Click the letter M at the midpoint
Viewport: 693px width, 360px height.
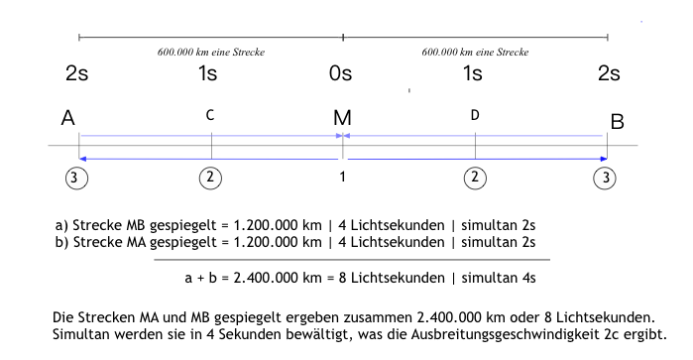pyautogui.click(x=342, y=119)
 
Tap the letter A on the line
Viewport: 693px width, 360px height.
pyautogui.click(x=68, y=118)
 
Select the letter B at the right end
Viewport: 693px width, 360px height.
pyautogui.click(x=617, y=122)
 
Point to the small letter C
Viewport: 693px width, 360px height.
pyautogui.click(x=210, y=116)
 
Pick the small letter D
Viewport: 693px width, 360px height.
pyautogui.click(x=475, y=116)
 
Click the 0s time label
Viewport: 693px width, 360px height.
pyautogui.click(x=341, y=73)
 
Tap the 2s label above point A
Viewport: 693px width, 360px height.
pyautogui.click(x=77, y=73)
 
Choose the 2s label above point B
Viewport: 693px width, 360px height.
pyautogui.click(x=608, y=73)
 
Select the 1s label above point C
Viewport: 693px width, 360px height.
pyautogui.click(x=208, y=73)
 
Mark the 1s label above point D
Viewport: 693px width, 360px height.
pyautogui.click(x=473, y=73)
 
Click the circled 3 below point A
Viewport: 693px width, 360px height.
pyautogui.click(x=78, y=178)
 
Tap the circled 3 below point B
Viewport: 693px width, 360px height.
pyautogui.click(x=605, y=178)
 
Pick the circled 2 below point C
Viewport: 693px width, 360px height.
pyautogui.click(x=210, y=178)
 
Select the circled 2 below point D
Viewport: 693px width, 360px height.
pyautogui.click(x=475, y=178)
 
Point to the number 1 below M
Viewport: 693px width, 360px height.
pyautogui.click(x=342, y=178)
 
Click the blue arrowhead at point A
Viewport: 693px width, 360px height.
pyautogui.click(x=84, y=158)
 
